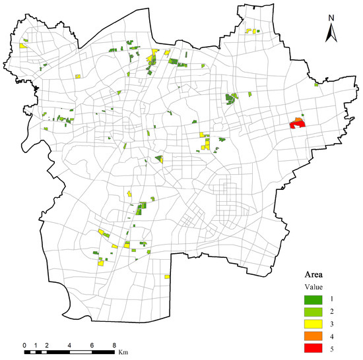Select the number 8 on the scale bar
tap(114, 345)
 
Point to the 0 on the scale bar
tap(24, 345)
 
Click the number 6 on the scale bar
tap(92, 345)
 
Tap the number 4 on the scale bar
tap(69, 345)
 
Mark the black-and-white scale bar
tap(69, 353)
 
